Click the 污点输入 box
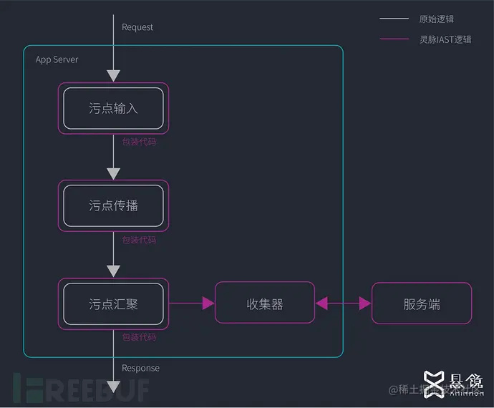[x=113, y=108]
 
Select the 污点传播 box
[x=113, y=205]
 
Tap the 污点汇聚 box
[x=113, y=303]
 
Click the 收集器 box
[x=265, y=304]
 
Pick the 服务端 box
[x=422, y=304]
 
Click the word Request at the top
[x=137, y=27]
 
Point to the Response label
[x=140, y=368]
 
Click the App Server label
[x=57, y=59]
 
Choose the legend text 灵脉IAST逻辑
[x=445, y=39]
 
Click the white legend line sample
[x=394, y=19]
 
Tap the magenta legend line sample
[x=394, y=39]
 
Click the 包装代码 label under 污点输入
[x=139, y=142]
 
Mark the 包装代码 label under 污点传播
[x=139, y=240]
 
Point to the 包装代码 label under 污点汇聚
[x=139, y=337]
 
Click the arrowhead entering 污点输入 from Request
[x=113, y=75]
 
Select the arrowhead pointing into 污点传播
[x=113, y=173]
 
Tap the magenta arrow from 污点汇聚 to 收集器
[x=192, y=303]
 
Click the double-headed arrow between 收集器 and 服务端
[x=344, y=303]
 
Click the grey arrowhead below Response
[x=113, y=387]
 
